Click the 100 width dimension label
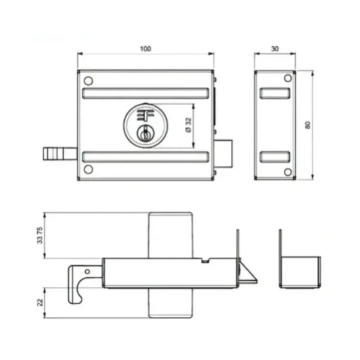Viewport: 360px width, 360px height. [146, 49]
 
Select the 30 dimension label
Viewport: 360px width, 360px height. [275, 49]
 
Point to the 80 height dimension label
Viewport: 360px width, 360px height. [308, 125]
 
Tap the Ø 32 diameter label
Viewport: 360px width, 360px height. [188, 125]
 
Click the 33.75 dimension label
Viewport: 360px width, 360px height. [40, 235]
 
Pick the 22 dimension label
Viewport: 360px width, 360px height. [40, 302]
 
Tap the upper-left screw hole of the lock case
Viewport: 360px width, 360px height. [88, 81]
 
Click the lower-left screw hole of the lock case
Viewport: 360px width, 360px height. [88, 169]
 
